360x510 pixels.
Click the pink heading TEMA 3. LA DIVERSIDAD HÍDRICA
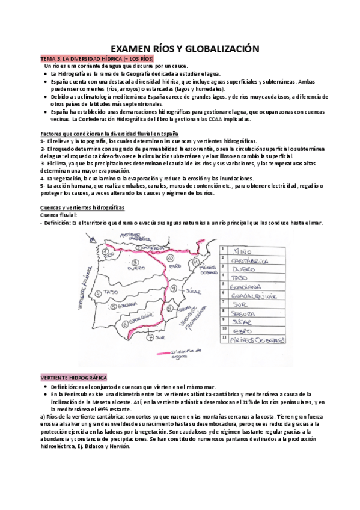(96, 58)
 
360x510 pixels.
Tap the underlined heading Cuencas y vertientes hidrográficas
(82, 207)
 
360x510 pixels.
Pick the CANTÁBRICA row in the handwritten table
(251, 260)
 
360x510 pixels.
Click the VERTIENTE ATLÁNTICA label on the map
(81, 286)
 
